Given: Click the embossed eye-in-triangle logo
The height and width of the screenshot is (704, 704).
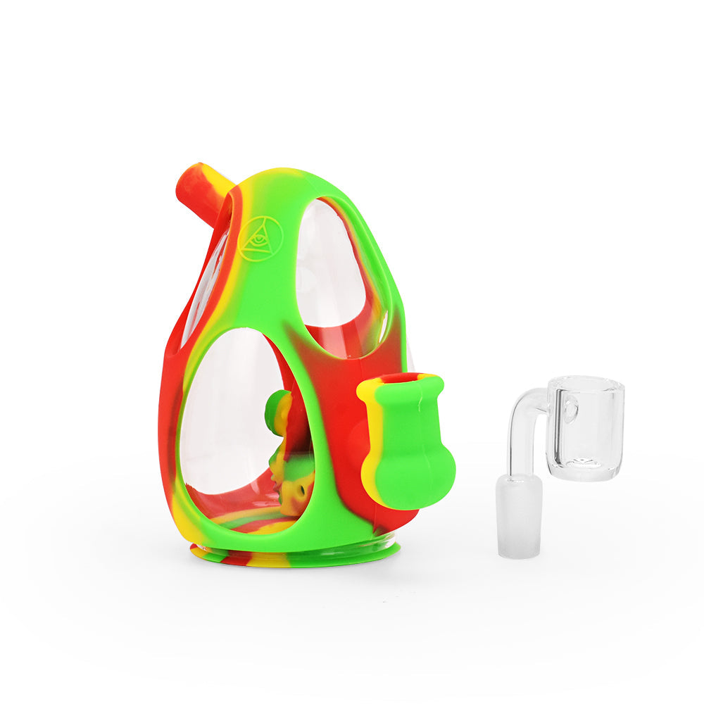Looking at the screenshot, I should coord(259,239).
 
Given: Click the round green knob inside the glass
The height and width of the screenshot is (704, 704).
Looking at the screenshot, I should coord(276,408).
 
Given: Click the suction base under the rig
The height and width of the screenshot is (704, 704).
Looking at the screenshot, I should coord(296,556).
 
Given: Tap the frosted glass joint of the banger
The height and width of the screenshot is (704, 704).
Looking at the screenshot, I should coord(519,514).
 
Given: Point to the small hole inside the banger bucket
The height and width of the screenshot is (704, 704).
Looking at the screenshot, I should coord(569,408).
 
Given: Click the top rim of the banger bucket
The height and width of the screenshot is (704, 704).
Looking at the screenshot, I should coord(585,384).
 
